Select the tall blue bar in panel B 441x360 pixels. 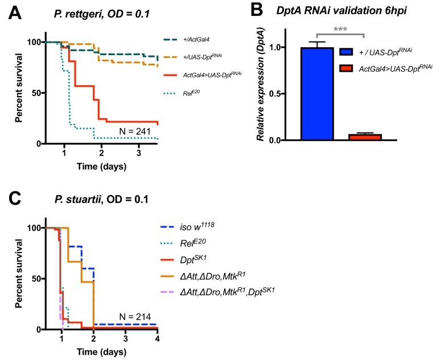317,93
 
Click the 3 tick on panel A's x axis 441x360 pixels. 139,153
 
